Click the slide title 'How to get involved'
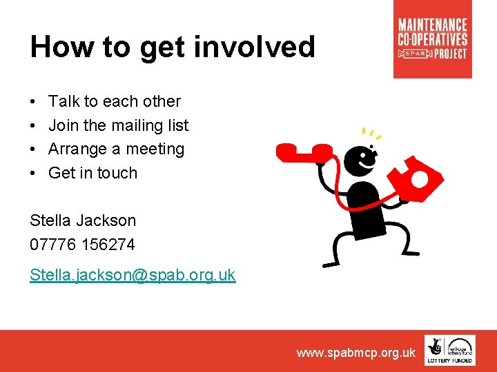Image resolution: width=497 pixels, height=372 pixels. click(x=173, y=48)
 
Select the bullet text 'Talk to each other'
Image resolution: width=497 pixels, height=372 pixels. click(x=115, y=101)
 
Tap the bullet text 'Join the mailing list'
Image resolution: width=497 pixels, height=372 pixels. click(x=118, y=125)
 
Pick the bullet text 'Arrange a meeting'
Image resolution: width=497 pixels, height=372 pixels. click(x=116, y=149)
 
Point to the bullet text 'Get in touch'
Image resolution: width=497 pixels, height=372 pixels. click(x=92, y=173)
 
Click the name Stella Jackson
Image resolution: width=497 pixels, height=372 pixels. click(x=83, y=220)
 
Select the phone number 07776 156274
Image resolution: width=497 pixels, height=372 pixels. click(x=82, y=245)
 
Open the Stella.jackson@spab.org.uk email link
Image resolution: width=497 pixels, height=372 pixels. click(x=133, y=276)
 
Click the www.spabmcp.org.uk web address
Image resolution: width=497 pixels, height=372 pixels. click(x=355, y=353)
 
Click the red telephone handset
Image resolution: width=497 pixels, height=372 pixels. click(x=303, y=151)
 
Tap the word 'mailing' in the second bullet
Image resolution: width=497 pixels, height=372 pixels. click(x=137, y=125)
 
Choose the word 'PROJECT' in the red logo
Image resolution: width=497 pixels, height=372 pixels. click(x=451, y=53)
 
